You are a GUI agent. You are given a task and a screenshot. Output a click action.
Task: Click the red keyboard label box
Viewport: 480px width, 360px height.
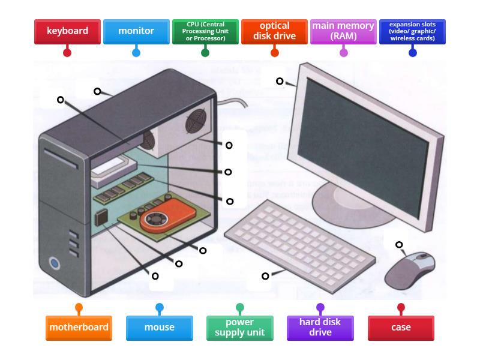(67, 31)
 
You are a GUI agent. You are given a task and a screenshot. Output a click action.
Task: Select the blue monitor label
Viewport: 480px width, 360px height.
(136, 31)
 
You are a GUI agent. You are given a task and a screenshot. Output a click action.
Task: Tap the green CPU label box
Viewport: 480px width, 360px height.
(205, 31)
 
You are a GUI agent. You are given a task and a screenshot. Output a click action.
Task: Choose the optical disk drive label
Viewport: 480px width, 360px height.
(274, 31)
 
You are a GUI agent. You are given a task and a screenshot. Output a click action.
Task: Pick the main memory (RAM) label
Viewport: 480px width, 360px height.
(343, 31)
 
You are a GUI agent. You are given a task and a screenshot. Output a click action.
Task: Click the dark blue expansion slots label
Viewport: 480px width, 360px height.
(412, 31)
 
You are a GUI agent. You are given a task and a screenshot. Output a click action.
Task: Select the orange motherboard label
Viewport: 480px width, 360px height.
(79, 328)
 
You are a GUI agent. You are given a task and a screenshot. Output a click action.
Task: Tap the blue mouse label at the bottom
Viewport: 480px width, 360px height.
(159, 328)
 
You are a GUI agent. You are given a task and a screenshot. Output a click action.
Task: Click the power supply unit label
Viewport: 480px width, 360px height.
(239, 328)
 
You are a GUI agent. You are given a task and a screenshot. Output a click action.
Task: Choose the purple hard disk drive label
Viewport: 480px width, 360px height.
(320, 328)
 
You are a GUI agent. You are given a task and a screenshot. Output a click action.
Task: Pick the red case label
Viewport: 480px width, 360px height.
(401, 328)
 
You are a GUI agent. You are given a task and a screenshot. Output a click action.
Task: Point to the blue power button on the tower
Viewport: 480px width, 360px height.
(55, 263)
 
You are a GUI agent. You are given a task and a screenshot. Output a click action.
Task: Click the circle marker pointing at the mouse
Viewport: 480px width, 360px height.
(399, 245)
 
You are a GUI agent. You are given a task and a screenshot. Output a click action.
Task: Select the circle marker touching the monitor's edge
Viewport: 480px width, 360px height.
(280, 81)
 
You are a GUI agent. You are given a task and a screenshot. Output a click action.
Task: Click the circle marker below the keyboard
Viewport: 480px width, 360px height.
(265, 276)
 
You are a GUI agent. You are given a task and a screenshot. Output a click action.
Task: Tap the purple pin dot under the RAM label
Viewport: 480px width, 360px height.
(343, 53)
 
